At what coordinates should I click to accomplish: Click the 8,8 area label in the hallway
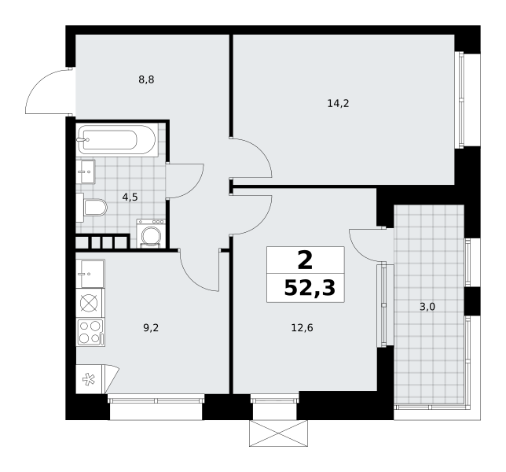(x=146, y=79)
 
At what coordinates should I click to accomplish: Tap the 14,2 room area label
(x=338, y=104)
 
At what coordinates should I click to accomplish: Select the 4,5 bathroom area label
(x=130, y=197)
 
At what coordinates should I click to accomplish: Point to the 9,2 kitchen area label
(x=151, y=328)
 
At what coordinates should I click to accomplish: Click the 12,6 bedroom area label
(x=302, y=328)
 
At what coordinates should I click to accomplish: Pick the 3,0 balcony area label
(x=427, y=307)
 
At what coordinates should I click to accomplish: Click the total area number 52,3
(x=310, y=288)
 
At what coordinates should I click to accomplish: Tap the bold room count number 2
(x=306, y=260)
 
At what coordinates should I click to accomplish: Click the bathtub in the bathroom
(x=117, y=140)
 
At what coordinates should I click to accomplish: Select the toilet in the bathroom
(x=92, y=208)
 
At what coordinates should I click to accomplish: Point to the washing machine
(x=151, y=234)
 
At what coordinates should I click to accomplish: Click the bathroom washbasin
(x=86, y=171)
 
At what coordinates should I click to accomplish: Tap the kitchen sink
(x=90, y=274)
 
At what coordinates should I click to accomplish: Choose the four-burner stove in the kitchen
(x=90, y=333)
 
